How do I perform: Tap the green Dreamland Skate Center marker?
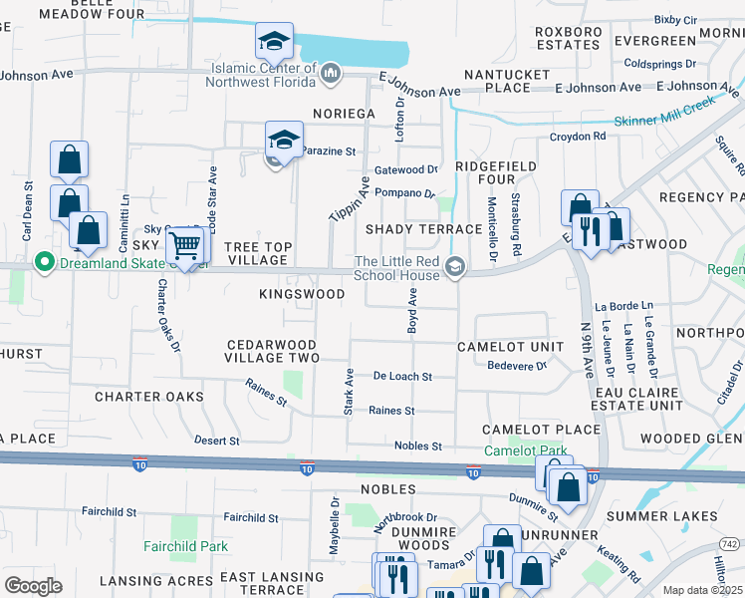click(x=43, y=263)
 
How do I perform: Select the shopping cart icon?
click(x=184, y=243)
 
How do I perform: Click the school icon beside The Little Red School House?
click(x=456, y=264)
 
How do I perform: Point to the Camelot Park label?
click(x=525, y=450)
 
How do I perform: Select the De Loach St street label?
click(x=402, y=377)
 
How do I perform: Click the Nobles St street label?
click(x=417, y=446)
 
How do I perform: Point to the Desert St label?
click(x=216, y=440)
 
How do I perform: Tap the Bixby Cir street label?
click(x=675, y=20)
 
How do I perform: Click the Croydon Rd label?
click(x=578, y=137)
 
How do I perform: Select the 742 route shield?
click(x=730, y=543)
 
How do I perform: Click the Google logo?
click(x=33, y=586)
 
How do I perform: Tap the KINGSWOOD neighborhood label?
click(x=302, y=294)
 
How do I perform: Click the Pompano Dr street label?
click(x=404, y=194)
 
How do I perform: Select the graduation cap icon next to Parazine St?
click(x=284, y=140)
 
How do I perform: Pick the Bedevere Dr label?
click(x=518, y=366)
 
